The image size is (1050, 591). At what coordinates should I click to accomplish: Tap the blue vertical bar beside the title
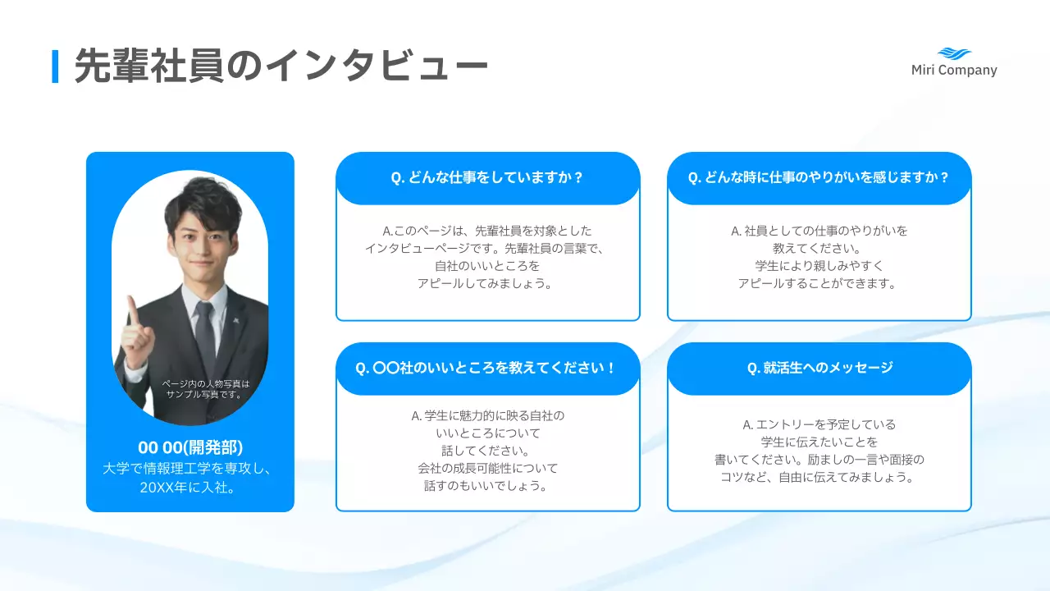55,66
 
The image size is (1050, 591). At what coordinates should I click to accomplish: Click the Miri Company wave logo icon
954,53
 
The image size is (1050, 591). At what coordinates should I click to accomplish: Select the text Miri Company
954,71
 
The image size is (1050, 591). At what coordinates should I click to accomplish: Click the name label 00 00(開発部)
190,447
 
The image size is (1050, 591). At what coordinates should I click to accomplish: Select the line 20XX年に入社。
190,487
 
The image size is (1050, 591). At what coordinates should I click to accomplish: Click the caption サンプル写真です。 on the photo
204,394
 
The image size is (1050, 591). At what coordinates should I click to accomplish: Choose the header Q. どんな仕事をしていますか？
487,177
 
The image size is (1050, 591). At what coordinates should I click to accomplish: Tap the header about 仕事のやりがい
819,177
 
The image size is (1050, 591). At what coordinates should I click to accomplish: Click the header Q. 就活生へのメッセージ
819,368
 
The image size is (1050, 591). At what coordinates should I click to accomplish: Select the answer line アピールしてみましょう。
487,283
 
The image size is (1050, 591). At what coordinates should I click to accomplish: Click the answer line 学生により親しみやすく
819,266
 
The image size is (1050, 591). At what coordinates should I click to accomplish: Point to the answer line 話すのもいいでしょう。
487,485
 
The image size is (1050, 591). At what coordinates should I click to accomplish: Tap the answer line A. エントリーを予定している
819,424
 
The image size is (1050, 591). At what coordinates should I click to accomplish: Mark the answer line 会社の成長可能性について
487,468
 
